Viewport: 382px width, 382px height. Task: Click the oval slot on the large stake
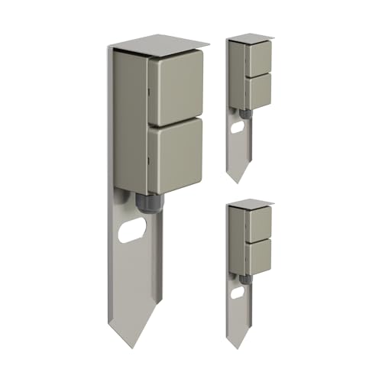132,229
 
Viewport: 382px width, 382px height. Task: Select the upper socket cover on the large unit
175,88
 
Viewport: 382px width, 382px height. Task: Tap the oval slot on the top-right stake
238,127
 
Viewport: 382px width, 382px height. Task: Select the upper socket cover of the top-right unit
259,57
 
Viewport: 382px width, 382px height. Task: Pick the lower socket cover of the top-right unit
259,91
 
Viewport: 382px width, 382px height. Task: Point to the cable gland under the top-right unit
244,114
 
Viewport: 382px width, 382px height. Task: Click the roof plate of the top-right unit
251,37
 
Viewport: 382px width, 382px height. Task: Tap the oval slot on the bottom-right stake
238,292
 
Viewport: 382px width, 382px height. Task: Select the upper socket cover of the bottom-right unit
259,223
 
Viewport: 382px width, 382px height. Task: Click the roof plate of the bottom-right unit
251,202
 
